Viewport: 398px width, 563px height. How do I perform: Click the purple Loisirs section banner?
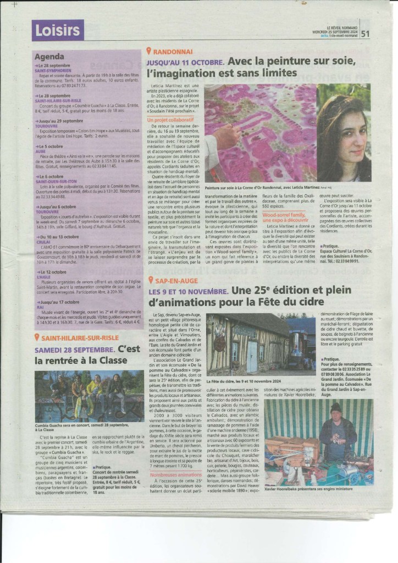coord(58,31)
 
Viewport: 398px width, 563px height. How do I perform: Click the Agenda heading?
coord(49,57)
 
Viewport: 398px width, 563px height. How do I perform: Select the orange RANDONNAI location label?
coord(173,51)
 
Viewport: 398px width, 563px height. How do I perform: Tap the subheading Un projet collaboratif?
coord(170,119)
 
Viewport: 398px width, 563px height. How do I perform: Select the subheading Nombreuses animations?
coord(175,474)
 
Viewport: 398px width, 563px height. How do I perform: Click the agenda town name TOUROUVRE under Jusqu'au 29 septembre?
coord(47,125)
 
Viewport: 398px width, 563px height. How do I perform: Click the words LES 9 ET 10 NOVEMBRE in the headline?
coord(188,291)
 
